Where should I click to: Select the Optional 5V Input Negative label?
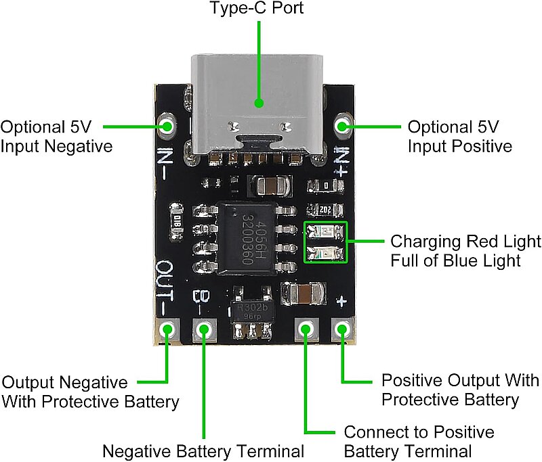[56, 137]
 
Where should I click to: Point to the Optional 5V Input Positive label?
[459, 137]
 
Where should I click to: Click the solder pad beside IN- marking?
[167, 126]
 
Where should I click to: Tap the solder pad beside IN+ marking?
[343, 126]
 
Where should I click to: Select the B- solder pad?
[203, 330]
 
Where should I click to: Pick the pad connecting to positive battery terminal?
[306, 330]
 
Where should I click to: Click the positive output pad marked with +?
[343, 330]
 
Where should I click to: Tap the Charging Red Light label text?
[465, 241]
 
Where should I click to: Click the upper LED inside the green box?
[326, 233]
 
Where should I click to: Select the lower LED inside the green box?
[326, 254]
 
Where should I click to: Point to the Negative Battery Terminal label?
[203, 451]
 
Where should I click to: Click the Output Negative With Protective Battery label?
[91, 392]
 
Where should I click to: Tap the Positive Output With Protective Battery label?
[460, 389]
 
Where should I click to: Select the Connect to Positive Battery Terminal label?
[419, 442]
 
